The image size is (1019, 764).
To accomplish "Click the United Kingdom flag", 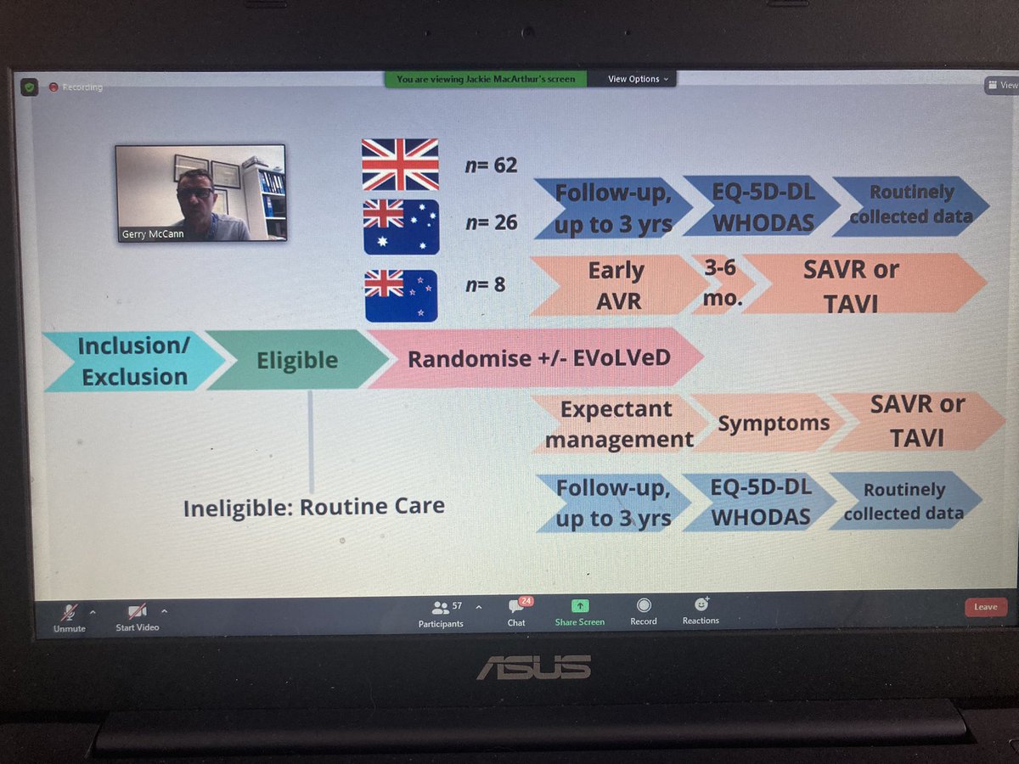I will pos(400,164).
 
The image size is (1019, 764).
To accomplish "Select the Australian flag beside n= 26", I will pos(401,227).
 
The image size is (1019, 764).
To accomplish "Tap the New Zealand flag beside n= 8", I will pos(401,295).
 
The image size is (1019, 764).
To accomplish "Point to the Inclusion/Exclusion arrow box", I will pos(132,362).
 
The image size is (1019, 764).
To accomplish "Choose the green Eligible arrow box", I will pos(297,360).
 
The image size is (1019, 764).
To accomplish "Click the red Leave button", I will pos(985,607).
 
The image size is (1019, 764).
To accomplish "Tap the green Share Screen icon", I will pos(580,606).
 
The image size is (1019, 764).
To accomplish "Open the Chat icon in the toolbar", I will pos(516,607).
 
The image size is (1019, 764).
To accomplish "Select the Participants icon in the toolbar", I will pos(441,608).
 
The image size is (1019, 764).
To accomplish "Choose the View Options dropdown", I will pos(638,79).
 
